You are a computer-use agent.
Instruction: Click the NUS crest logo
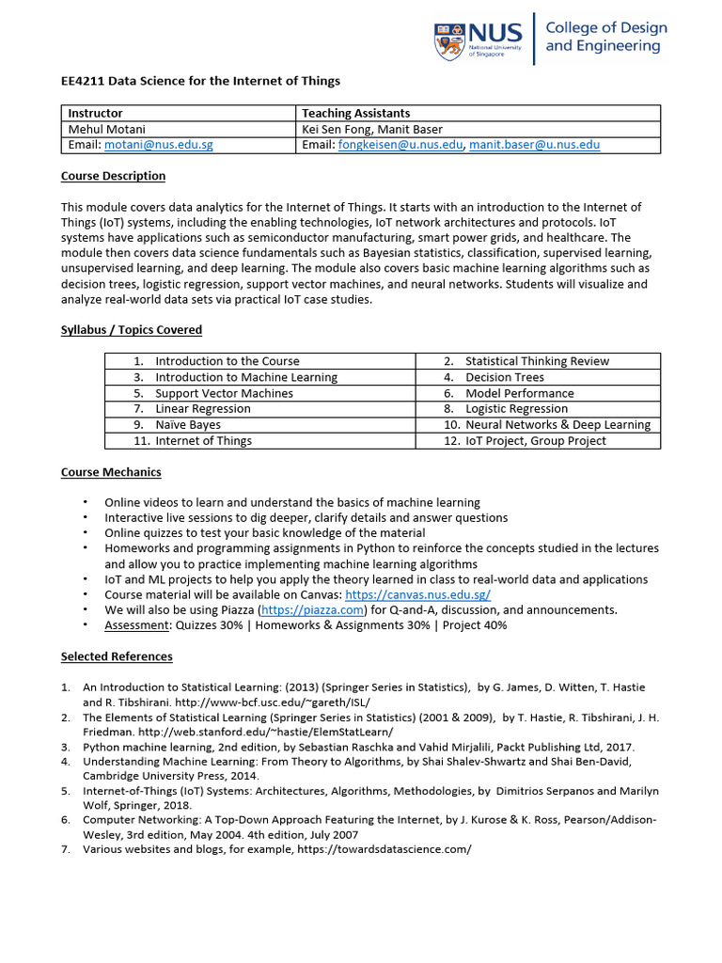[449, 40]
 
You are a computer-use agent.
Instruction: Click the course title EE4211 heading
[200, 81]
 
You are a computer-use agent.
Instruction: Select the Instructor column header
[96, 113]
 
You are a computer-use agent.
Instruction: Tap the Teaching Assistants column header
[355, 113]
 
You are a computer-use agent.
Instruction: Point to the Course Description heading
[113, 176]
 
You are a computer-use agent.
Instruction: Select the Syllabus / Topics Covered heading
[132, 330]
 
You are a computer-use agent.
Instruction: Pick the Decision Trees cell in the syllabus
[504, 377]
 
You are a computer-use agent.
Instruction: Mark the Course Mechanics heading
[111, 472]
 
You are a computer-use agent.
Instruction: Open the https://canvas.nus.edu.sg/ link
[417, 595]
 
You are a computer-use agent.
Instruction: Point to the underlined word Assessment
[136, 625]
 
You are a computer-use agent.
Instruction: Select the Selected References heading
[117, 656]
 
